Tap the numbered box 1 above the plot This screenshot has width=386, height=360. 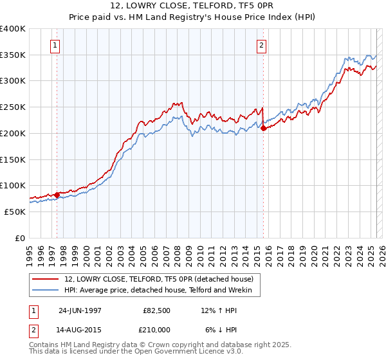(x=56, y=45)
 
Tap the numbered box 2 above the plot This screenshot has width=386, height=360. (x=262, y=45)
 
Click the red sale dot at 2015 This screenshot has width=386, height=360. (x=264, y=128)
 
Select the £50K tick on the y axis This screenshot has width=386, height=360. (x=15, y=212)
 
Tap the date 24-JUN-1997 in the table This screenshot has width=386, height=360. (x=80, y=310)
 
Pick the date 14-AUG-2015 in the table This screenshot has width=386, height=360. (x=80, y=330)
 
